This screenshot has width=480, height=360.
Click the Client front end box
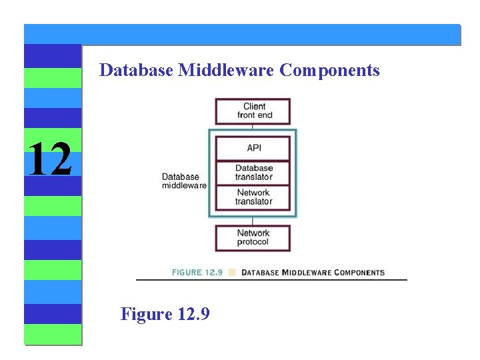(x=253, y=111)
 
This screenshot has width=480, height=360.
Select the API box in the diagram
(x=253, y=148)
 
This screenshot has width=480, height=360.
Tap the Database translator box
(x=253, y=173)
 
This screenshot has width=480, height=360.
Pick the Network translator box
(x=253, y=197)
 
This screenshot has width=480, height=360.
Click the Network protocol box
(x=253, y=238)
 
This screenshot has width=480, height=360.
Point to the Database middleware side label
(x=183, y=181)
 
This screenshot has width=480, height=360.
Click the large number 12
(x=50, y=159)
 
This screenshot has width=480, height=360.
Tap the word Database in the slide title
(x=136, y=70)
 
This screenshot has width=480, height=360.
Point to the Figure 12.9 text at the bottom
(x=165, y=313)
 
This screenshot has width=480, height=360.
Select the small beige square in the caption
(x=232, y=272)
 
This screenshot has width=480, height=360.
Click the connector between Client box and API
(x=253, y=127)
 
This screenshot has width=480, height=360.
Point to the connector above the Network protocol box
(x=253, y=221)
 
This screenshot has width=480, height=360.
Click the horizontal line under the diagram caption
(x=271, y=280)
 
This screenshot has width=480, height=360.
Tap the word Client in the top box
(x=254, y=107)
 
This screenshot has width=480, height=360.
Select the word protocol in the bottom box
(x=253, y=242)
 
